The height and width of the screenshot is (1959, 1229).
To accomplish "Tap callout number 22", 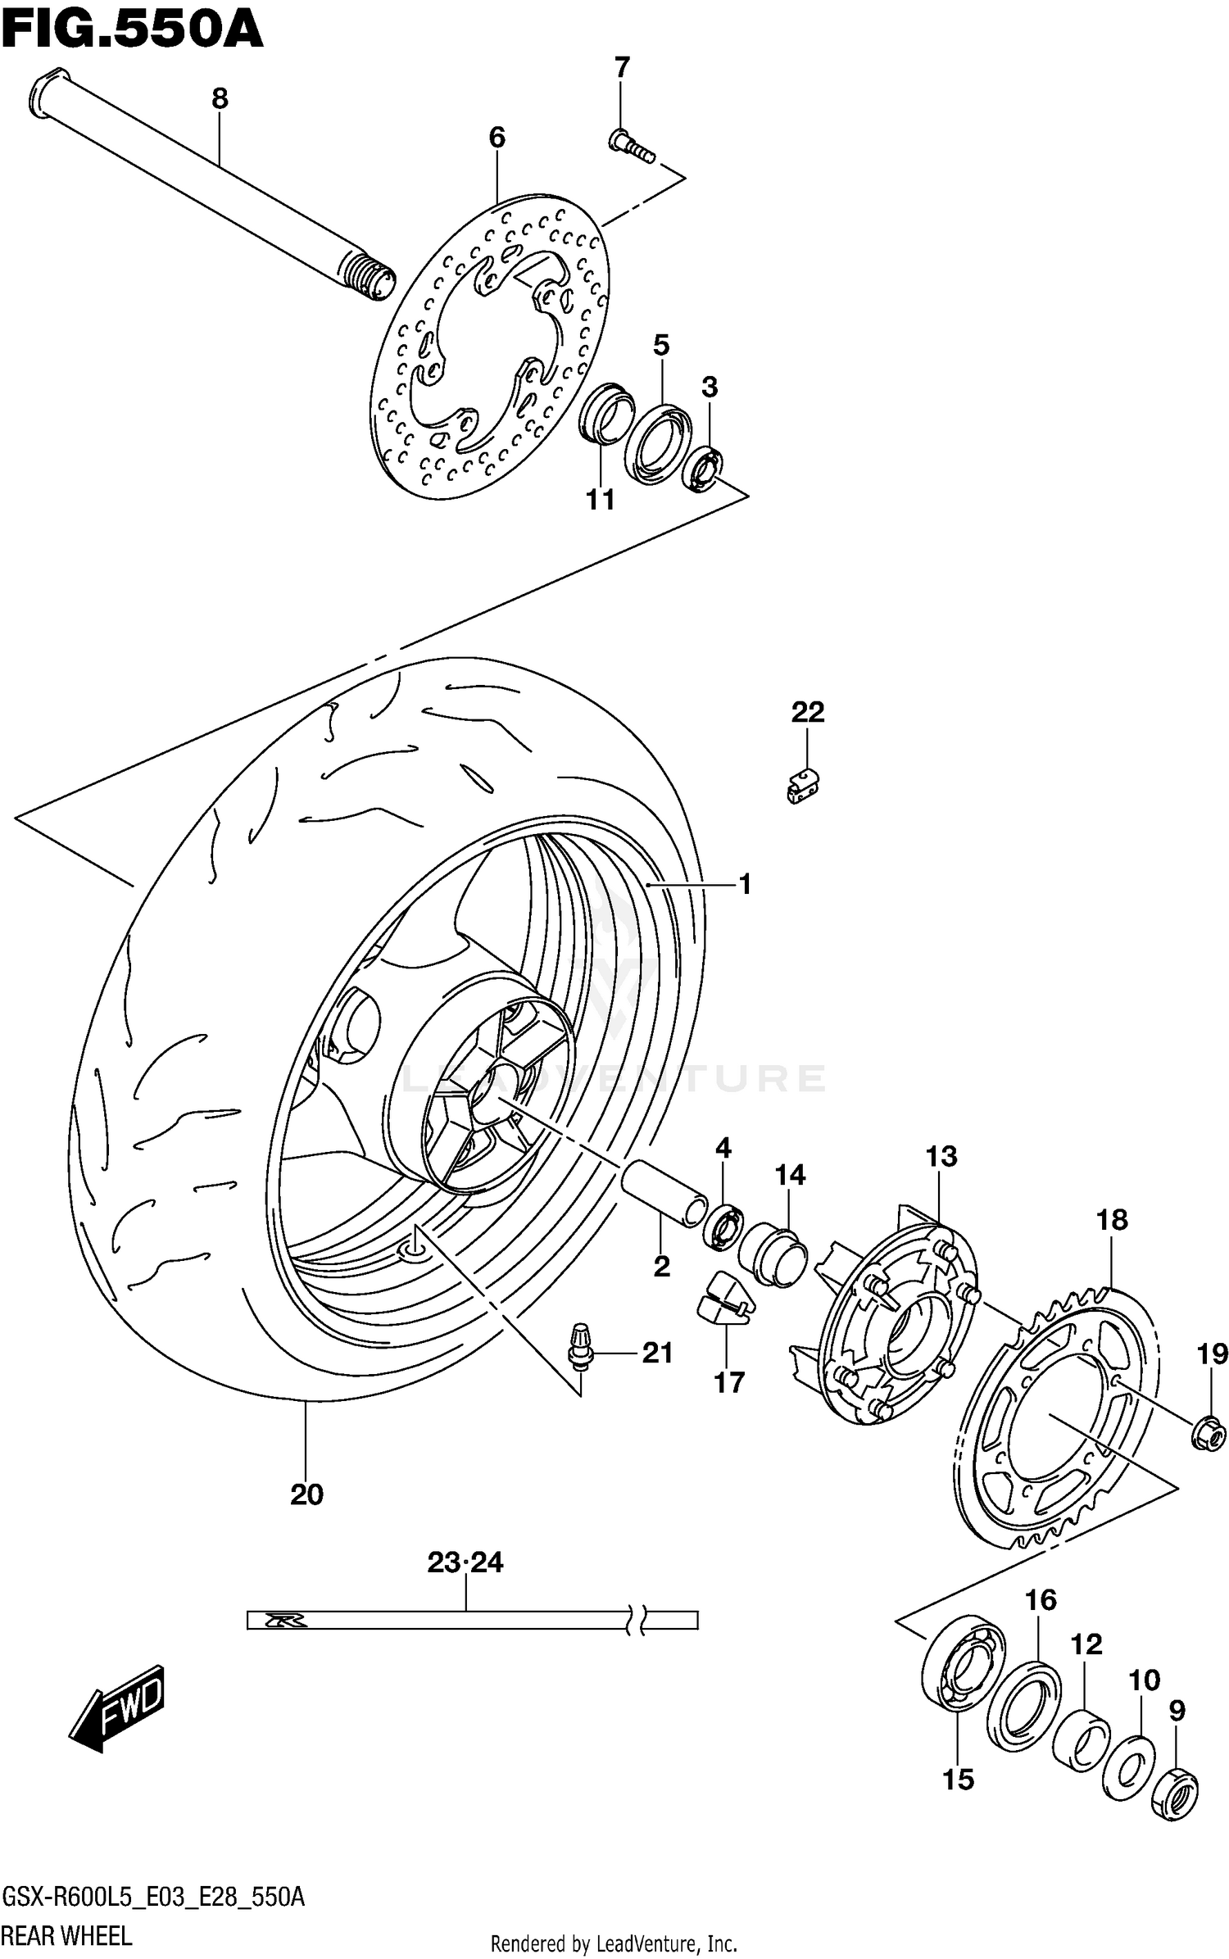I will pos(807,711).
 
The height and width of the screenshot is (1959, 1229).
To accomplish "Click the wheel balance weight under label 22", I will pos(800,786).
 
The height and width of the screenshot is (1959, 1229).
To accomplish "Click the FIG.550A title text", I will pos(131,30).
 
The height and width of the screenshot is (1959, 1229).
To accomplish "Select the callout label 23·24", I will pos(465,1562).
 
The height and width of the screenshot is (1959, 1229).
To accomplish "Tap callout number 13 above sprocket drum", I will pos(941,1156).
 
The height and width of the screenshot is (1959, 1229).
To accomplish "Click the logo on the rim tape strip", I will pos(285,1620).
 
